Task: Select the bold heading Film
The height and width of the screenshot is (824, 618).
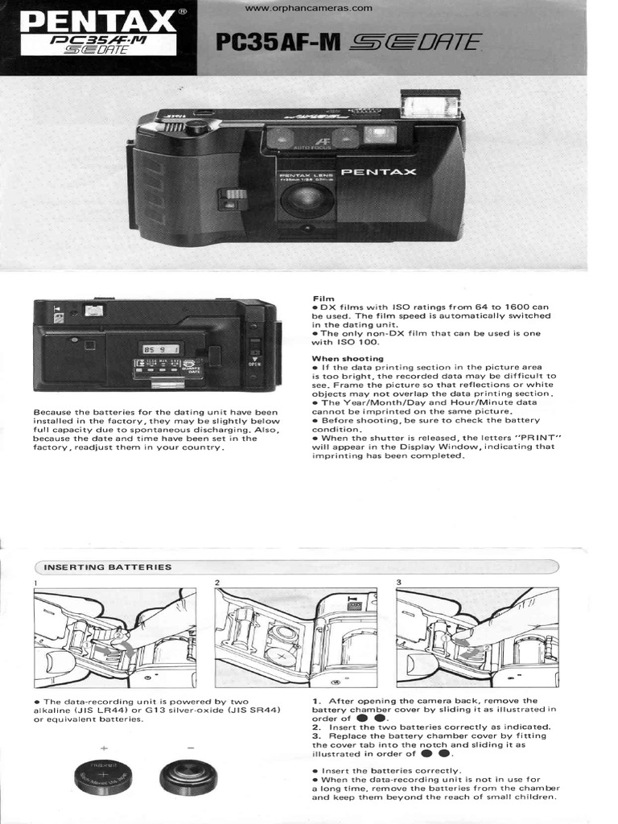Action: [x=322, y=298]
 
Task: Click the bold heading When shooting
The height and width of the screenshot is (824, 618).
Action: [x=348, y=358]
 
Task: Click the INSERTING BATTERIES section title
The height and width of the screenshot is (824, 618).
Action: [x=108, y=567]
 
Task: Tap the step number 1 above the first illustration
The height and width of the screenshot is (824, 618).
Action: [x=36, y=582]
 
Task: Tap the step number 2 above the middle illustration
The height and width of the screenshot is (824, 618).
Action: [x=217, y=582]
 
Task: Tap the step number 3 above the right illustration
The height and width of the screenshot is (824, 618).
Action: [x=399, y=582]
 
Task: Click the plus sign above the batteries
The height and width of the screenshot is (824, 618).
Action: [x=103, y=748]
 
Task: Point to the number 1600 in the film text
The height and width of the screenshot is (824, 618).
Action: [x=518, y=307]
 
